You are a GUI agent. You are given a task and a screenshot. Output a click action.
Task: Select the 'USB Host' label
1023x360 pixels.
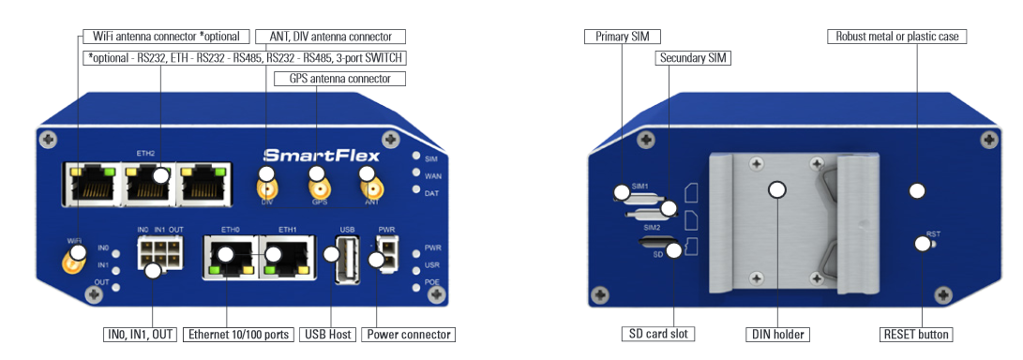[328, 335]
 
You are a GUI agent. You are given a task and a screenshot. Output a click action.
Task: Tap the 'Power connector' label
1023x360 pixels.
[409, 335]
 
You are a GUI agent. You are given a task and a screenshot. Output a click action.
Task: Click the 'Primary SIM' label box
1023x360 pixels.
[623, 37]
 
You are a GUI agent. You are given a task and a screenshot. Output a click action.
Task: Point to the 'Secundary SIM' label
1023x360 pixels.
[692, 58]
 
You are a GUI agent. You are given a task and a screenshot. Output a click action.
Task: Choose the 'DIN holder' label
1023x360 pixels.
[777, 335]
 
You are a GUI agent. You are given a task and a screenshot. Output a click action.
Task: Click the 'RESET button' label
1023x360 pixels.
[916, 335]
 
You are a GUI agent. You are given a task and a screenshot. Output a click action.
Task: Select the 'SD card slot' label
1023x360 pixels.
[657, 334]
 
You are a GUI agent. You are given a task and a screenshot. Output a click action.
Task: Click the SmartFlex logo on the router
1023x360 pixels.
[322, 156]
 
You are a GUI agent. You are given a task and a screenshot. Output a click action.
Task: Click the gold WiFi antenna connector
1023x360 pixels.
[72, 262]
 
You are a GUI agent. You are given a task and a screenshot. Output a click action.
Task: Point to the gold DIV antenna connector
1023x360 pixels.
[266, 188]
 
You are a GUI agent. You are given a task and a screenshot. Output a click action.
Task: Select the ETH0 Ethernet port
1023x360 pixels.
[231, 258]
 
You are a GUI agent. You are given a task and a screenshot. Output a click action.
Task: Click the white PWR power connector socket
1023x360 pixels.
[387, 252]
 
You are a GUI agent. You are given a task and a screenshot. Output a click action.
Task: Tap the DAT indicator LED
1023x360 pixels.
[416, 189]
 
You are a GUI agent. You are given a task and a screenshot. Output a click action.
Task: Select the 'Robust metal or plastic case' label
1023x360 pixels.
[897, 37]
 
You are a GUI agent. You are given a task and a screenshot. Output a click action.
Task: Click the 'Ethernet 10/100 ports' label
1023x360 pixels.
[238, 335]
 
